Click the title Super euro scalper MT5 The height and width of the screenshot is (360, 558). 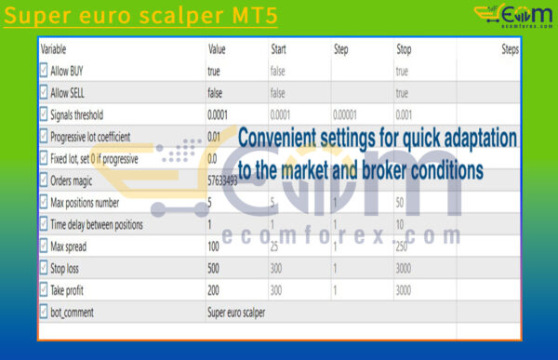[x=140, y=18]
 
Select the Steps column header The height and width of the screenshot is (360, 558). [x=510, y=48]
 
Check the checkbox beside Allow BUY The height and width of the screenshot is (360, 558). [x=44, y=71]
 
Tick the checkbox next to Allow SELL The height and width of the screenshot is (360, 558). [x=44, y=92]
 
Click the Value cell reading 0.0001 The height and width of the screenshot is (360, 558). [x=220, y=114]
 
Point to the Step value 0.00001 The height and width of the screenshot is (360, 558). [x=350, y=114]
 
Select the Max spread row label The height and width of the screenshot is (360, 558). [x=73, y=246]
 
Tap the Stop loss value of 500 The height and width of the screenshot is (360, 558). [x=216, y=268]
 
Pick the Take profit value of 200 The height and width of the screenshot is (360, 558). [x=216, y=290]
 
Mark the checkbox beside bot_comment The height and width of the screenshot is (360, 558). [x=44, y=313]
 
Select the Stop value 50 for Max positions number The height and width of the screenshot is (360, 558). [x=401, y=202]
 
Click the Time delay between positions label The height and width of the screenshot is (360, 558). [x=104, y=224]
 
